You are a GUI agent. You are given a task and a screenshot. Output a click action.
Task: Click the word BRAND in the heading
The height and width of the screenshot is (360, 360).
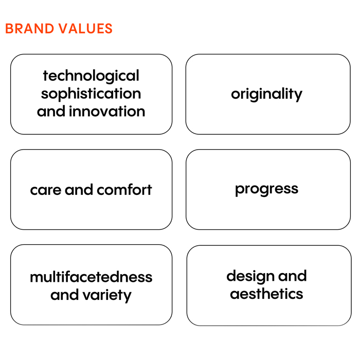[x=30, y=29]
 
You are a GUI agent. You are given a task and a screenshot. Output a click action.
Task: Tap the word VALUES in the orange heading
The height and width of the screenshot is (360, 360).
[x=85, y=29]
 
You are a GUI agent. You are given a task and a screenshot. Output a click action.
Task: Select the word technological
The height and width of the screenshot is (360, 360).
[x=91, y=76]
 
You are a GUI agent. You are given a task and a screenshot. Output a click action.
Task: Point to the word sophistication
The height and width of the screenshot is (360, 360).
[x=91, y=94]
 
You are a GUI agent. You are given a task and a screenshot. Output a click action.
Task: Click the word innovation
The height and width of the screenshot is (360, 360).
[x=107, y=111]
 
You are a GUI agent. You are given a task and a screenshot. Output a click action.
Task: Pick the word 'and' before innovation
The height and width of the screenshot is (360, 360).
[x=51, y=111]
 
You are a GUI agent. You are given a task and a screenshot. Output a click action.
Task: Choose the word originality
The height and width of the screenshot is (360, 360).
[x=267, y=94]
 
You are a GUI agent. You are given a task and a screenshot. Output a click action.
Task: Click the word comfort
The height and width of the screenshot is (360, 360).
[x=124, y=190]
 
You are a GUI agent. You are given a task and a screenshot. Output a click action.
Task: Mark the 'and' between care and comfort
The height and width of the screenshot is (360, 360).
[x=79, y=190]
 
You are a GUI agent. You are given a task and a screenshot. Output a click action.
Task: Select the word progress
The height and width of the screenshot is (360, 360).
[x=267, y=190]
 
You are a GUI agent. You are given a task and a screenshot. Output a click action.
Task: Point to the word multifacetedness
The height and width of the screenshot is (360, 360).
[x=91, y=277]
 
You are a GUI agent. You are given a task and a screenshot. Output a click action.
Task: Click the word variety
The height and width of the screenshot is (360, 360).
[x=107, y=296]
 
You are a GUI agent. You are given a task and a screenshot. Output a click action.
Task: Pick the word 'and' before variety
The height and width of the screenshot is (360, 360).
[x=65, y=295]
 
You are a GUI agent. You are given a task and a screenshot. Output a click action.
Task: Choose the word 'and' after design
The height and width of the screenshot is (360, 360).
[x=293, y=276]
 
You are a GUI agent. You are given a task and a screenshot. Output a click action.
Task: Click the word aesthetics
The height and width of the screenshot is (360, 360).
[x=266, y=294]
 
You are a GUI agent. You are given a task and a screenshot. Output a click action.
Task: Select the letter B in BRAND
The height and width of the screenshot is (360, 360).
[x=9, y=29]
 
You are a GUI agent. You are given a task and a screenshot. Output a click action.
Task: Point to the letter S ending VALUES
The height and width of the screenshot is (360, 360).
[x=109, y=29]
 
